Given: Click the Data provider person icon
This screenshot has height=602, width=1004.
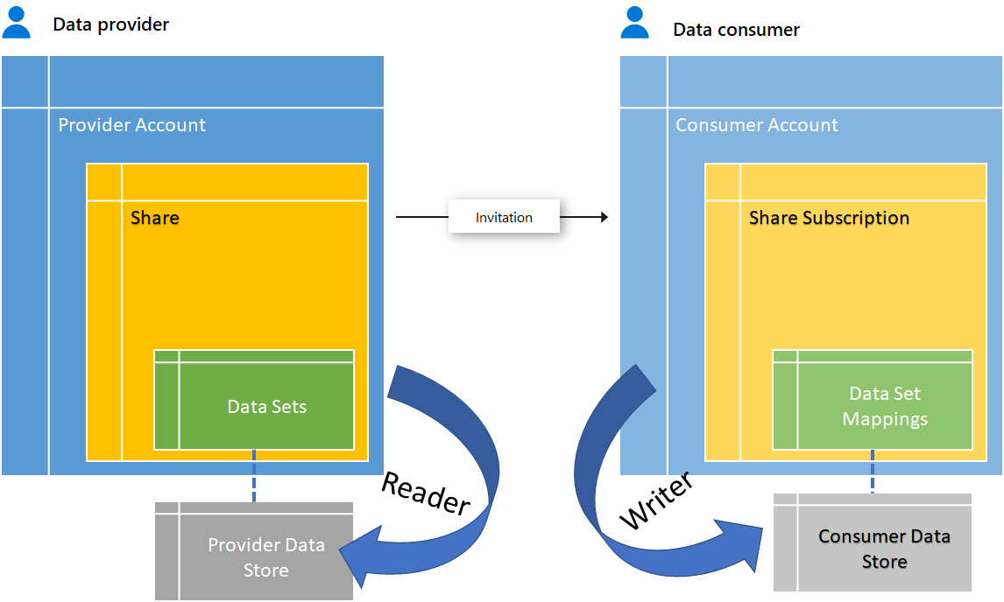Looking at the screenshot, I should pos(17,24).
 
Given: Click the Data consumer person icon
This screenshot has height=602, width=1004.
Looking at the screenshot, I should pos(635,24).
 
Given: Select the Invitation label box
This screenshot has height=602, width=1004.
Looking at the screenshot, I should pos(504,217).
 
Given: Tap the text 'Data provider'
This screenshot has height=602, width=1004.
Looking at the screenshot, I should pos(110,24).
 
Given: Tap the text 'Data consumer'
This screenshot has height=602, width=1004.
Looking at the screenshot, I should pos(736,30).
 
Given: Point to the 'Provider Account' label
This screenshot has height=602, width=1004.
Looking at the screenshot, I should pos(131,125).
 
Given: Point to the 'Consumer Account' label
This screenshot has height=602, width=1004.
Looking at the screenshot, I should pos(756,125).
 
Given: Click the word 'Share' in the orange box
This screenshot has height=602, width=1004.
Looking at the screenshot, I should pos(155,218).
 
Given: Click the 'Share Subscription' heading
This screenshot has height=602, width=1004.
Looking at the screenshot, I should pos(829,218).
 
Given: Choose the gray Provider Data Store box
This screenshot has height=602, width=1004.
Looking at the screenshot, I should pos(254,551).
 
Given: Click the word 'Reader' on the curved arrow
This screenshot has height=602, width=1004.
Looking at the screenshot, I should pos(426,493).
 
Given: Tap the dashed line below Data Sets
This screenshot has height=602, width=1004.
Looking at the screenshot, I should pos(254,476).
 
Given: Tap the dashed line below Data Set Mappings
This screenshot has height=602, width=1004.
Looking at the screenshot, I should pos(873,472).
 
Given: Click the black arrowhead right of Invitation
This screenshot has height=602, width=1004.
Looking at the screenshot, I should pos(603,217).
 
